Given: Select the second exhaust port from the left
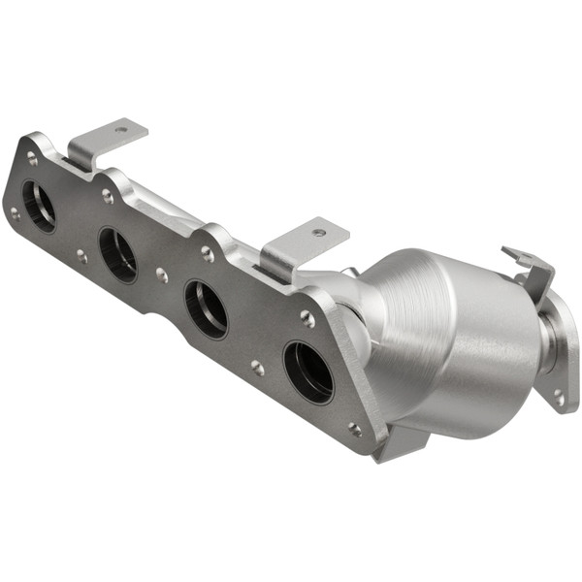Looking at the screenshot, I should (118, 255).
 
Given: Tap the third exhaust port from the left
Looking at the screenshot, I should (206, 308).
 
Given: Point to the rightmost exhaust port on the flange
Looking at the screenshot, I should (307, 371).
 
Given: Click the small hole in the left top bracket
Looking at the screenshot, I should (121, 129).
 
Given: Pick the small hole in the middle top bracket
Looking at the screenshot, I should (318, 233).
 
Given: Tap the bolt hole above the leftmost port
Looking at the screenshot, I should (32, 157).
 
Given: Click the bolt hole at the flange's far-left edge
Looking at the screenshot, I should (15, 213).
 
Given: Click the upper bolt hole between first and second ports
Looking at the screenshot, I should (107, 197).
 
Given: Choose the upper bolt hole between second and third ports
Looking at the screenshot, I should (207, 254).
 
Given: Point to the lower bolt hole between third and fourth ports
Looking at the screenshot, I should (257, 368).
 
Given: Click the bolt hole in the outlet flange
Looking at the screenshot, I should (559, 395).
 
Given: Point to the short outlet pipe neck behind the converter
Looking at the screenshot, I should (548, 344).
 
